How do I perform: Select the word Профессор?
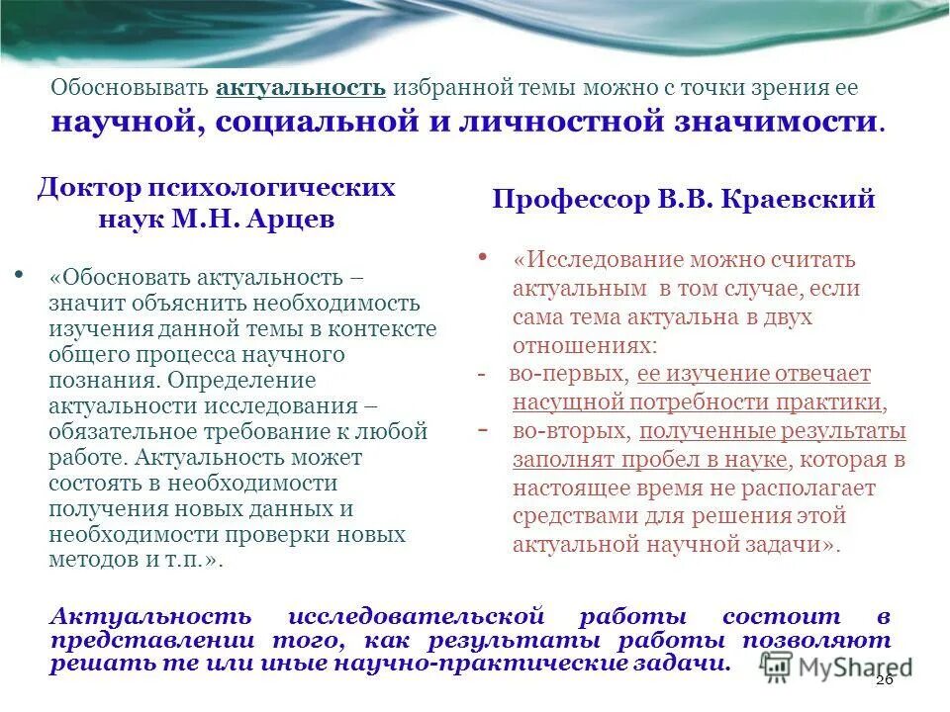point(562,199)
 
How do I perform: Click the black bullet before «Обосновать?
point(21,270)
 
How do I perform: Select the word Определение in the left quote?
point(241,379)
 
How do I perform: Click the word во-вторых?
point(571,431)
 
